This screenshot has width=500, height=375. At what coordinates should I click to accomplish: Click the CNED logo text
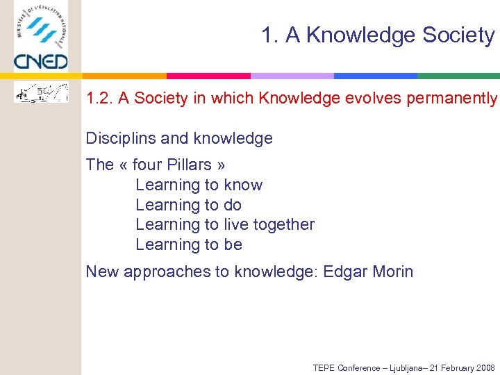(x=40, y=62)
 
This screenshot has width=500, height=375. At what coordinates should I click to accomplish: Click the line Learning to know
(x=199, y=185)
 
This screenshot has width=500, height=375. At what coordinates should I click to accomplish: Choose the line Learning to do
(x=188, y=205)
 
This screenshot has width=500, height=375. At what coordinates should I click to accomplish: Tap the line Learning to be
(x=188, y=244)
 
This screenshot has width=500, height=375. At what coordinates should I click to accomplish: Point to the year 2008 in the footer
(x=483, y=367)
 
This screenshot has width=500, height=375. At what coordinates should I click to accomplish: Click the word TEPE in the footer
(x=324, y=367)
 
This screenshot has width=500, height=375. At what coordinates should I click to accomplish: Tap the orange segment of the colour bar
(x=125, y=76)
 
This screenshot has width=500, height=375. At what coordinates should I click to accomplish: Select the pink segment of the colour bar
(x=208, y=76)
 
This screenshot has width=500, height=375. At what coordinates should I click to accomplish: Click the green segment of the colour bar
(x=458, y=76)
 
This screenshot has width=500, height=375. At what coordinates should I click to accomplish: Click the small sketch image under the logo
(x=42, y=92)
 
